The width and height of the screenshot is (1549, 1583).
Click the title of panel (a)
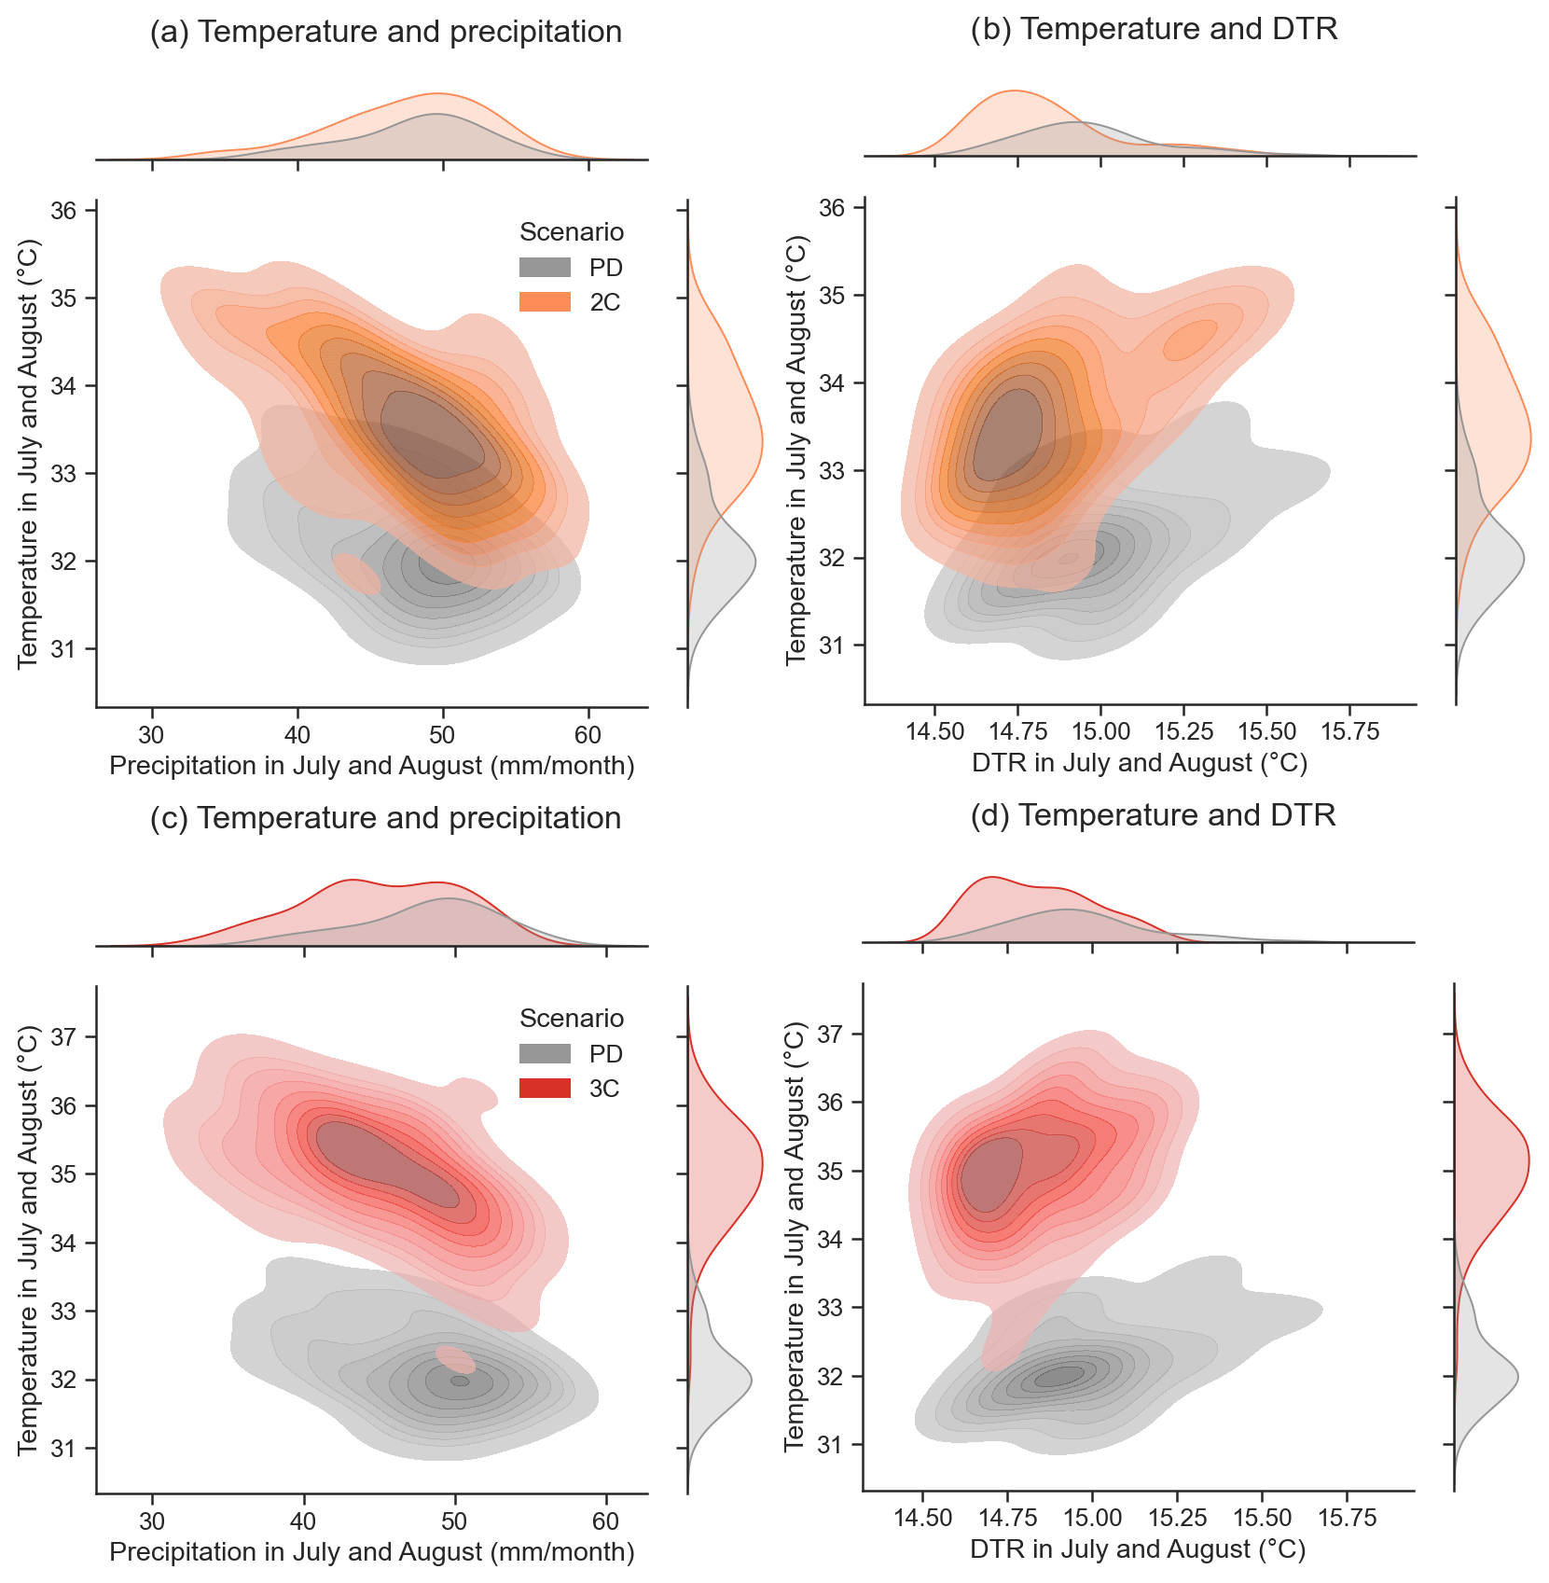(385, 32)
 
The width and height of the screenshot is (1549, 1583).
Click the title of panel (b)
(1154, 29)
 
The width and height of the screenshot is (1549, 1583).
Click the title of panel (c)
(385, 818)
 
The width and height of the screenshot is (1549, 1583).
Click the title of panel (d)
(1153, 815)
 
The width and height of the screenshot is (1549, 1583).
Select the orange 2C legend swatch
(545, 302)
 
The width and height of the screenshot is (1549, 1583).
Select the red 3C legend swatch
(545, 1089)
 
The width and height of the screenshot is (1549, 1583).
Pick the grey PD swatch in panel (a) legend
(545, 268)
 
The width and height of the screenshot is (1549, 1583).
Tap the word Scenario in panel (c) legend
(571, 1018)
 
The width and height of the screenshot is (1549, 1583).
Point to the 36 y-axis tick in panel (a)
(63, 211)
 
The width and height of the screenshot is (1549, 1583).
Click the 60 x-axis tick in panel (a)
(588, 735)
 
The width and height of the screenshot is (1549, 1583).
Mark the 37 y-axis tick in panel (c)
(63, 1036)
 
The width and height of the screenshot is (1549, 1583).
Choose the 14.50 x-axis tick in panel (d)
(922, 1518)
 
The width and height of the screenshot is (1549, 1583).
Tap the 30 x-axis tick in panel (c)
(152, 1521)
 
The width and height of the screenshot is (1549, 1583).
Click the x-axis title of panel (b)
(1140, 763)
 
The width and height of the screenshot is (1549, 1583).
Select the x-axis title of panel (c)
(372, 1552)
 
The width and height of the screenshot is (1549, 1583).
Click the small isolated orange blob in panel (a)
(357, 574)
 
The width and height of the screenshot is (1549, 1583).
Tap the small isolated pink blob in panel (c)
(456, 1360)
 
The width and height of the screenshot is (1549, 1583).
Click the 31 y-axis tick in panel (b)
(831, 646)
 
